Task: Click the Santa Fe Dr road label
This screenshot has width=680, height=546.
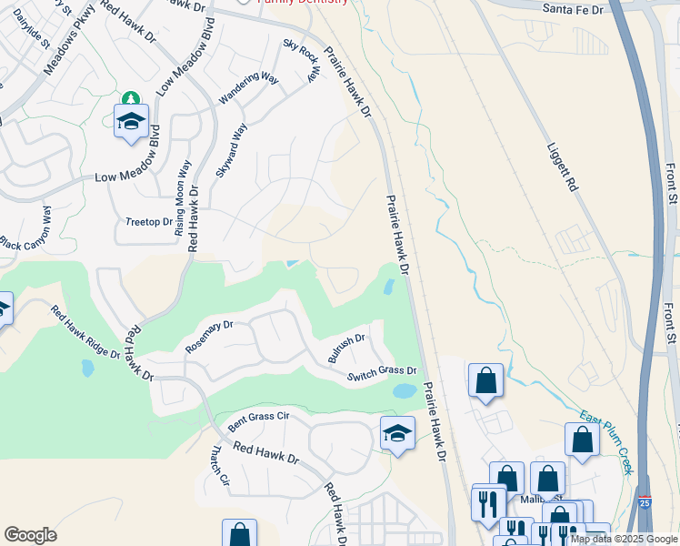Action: click(x=575, y=8)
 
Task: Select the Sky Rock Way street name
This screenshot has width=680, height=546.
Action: click(x=302, y=60)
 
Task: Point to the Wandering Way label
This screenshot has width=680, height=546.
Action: click(x=248, y=90)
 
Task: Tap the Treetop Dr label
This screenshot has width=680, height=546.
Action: click(x=148, y=221)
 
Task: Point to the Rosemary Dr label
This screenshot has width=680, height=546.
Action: click(x=209, y=336)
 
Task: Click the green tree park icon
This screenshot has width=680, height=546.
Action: click(x=131, y=99)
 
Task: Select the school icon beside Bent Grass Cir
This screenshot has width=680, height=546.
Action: click(x=397, y=432)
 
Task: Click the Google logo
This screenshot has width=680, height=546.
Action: click(x=30, y=535)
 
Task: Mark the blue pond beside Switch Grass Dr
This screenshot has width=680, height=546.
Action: click(x=404, y=391)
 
